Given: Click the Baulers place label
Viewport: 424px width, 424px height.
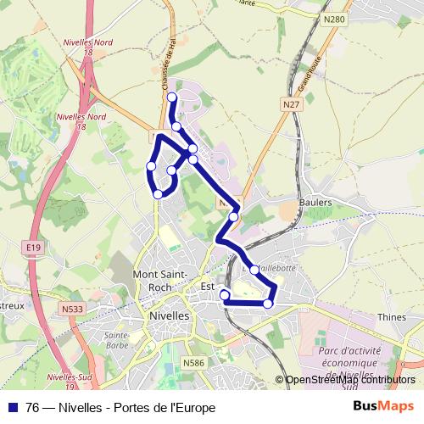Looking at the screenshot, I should pos(315,203).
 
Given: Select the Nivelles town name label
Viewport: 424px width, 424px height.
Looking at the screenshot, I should pos(167,313).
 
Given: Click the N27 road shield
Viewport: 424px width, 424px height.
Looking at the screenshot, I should pos(292,104).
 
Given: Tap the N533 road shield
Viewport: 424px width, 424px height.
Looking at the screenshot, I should pos(71,310).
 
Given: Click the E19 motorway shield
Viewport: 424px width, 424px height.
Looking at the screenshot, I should pos(33,247).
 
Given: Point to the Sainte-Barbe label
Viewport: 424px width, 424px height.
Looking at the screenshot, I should pos(115,340).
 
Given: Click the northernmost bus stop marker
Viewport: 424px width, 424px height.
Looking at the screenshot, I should pos(172,98).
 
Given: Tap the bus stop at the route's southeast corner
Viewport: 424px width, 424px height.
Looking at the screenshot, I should pos(268,304).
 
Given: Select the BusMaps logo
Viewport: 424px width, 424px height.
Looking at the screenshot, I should pos(383,407).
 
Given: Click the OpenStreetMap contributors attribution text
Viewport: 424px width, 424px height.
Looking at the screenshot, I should pos(349,381).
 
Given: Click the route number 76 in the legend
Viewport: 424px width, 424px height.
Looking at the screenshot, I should pos(33,408).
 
